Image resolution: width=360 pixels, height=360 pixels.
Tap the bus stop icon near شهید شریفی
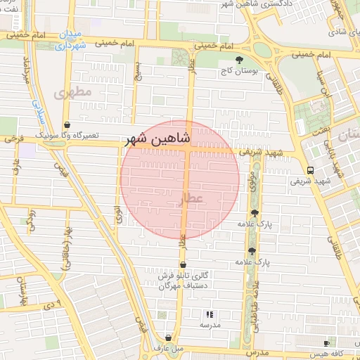310,170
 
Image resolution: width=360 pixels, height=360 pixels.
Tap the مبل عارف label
168,348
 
